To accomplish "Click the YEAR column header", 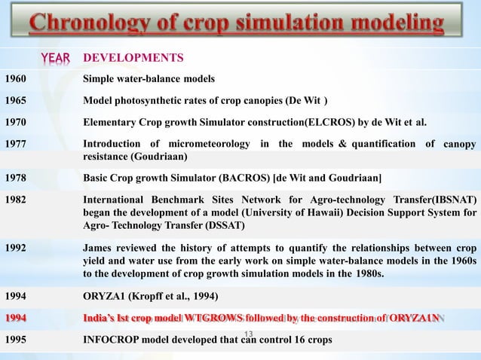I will click(55, 58).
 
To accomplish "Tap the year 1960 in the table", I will click(16, 78).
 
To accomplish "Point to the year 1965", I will click(16, 101).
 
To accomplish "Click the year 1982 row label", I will click(16, 200).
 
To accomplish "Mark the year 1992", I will click(16, 248).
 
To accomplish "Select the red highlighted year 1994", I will click(17, 318).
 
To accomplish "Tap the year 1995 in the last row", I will click(16, 339).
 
